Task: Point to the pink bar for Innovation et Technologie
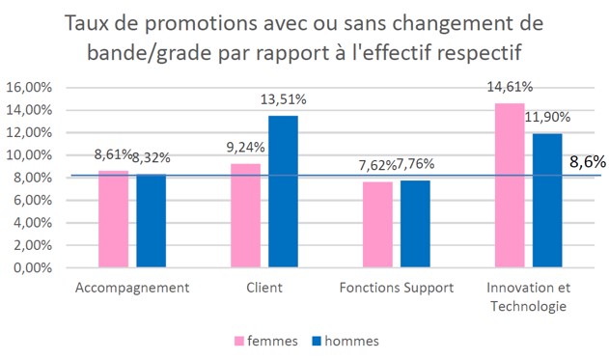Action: point(511,184)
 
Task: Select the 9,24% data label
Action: point(243,148)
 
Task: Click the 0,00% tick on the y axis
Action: point(34,267)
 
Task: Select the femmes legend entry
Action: point(264,341)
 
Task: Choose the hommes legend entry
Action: point(343,341)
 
